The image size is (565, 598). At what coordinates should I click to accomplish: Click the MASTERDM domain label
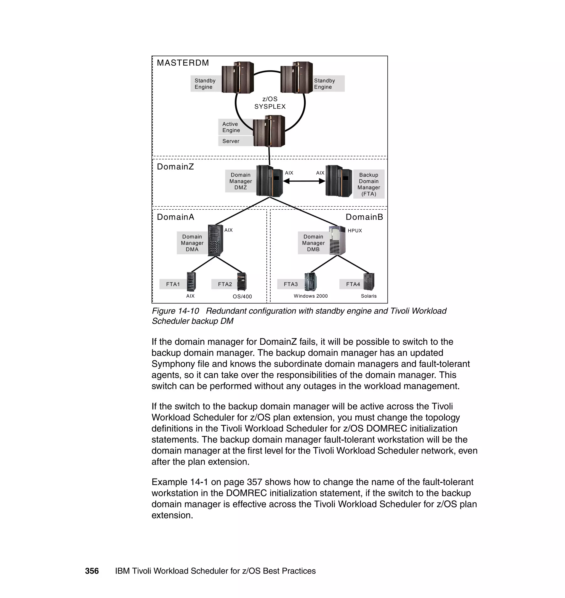pyautogui.click(x=183, y=63)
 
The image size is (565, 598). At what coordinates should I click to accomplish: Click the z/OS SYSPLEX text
pyautogui.click(x=270, y=103)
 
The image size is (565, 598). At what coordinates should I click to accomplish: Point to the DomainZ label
pyautogui.click(x=175, y=167)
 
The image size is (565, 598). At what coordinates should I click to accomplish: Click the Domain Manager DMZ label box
pyautogui.click(x=240, y=181)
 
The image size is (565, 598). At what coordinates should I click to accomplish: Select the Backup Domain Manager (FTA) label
pyautogui.click(x=369, y=184)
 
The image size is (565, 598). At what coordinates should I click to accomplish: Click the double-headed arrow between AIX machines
pyautogui.click(x=304, y=181)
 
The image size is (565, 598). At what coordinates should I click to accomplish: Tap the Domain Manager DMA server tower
pyautogui.click(x=216, y=240)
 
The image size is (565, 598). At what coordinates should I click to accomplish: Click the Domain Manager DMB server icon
pyautogui.click(x=337, y=240)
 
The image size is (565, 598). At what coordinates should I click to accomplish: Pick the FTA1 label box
pyautogui.click(x=173, y=284)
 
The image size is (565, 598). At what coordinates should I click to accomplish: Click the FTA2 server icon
pyautogui.click(x=242, y=282)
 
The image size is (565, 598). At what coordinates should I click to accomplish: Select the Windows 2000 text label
pyautogui.click(x=311, y=296)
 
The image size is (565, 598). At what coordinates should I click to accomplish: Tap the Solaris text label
pyautogui.click(x=369, y=296)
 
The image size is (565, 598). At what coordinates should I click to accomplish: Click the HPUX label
pyautogui.click(x=355, y=231)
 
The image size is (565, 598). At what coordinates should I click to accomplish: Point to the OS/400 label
pyautogui.click(x=242, y=296)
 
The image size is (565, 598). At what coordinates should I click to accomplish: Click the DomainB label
pyautogui.click(x=364, y=217)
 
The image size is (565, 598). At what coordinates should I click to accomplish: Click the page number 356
pyautogui.click(x=92, y=571)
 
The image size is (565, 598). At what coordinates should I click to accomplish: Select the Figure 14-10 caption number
pyautogui.click(x=175, y=311)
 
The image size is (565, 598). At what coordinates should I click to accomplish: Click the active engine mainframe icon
pyautogui.click(x=269, y=131)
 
